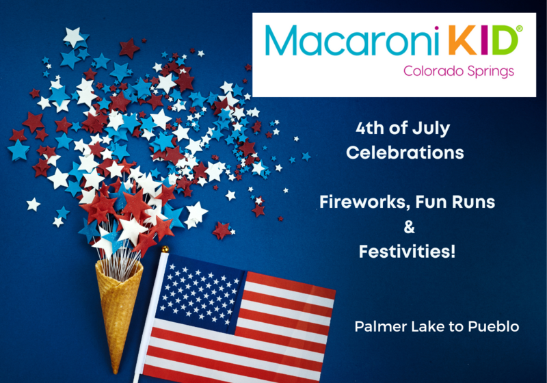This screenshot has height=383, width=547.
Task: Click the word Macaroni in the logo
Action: (x=352, y=40)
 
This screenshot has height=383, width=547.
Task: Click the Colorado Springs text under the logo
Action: (x=459, y=71)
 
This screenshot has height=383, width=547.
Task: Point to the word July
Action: (x=431, y=129)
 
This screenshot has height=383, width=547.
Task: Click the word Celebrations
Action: (x=405, y=153)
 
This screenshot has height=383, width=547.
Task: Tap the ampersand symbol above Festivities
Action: (x=409, y=227)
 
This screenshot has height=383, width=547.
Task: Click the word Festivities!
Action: (x=407, y=252)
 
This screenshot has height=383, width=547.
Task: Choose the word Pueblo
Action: (x=493, y=326)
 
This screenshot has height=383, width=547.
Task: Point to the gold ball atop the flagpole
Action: (x=165, y=249)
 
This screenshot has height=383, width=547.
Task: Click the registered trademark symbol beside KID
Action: (x=519, y=29)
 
